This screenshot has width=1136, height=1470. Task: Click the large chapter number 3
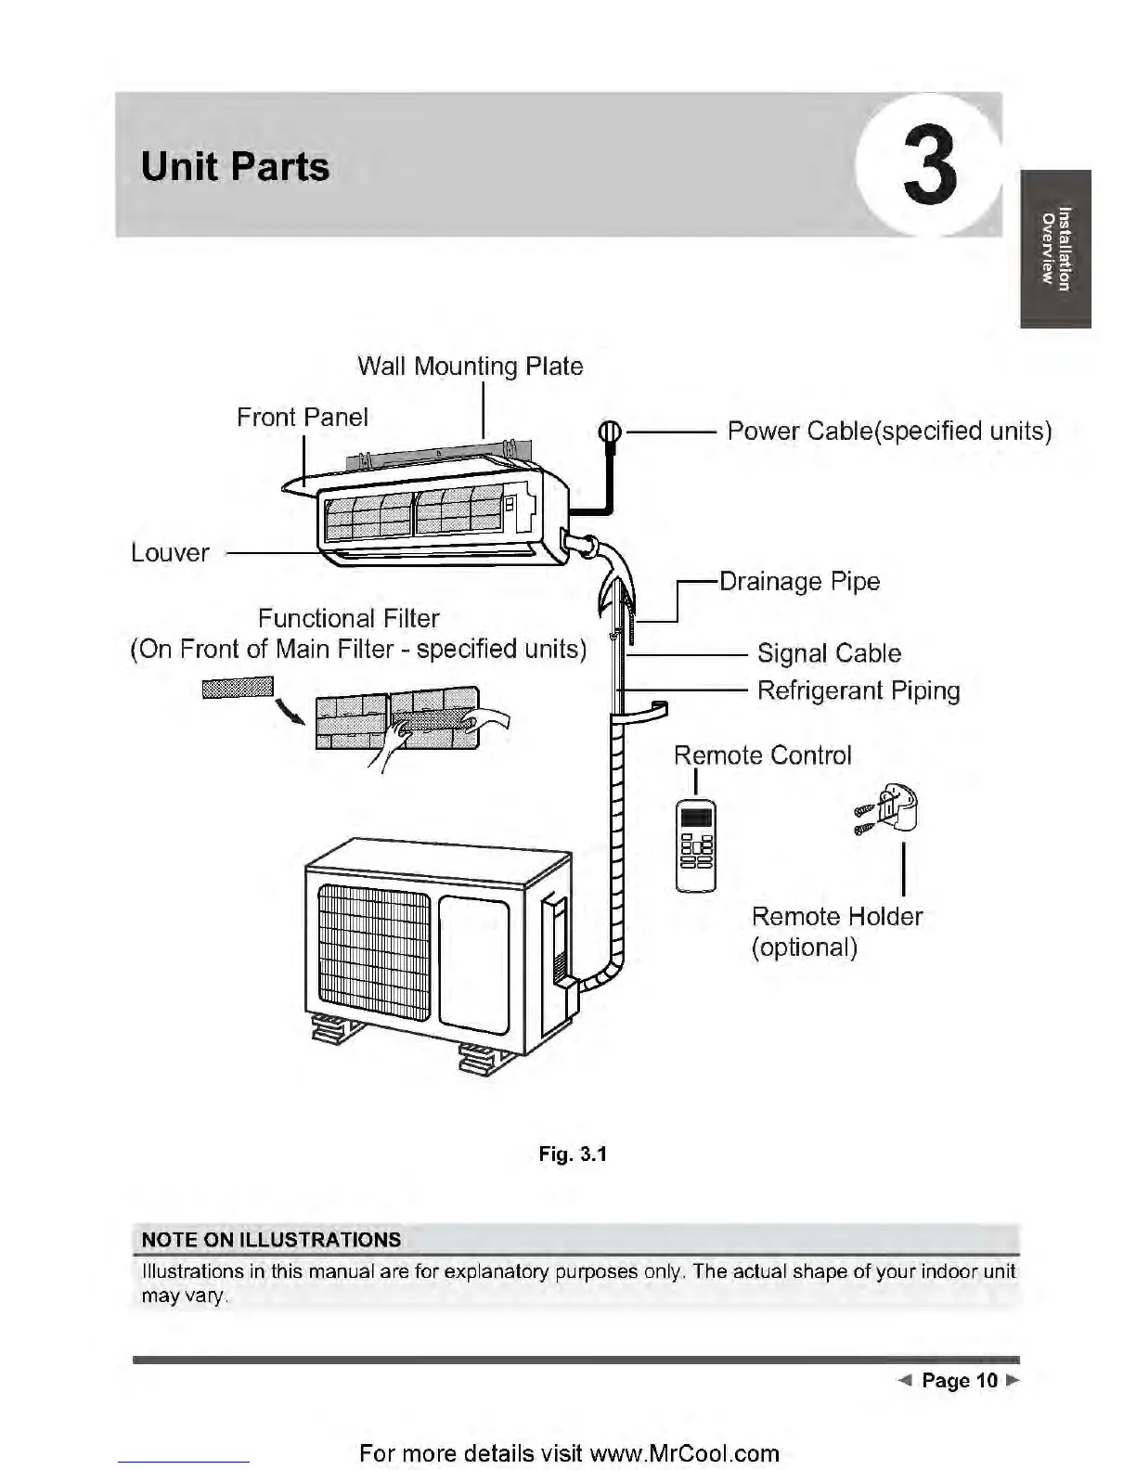click(930, 165)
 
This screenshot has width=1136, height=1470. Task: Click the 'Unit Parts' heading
click(235, 166)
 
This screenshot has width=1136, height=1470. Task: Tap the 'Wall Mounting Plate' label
click(471, 366)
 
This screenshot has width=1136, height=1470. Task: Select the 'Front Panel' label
click(303, 418)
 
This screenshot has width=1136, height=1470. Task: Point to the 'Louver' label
click(170, 553)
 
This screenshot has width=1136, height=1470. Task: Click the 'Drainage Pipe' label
click(800, 582)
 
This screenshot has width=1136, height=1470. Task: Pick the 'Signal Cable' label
click(829, 653)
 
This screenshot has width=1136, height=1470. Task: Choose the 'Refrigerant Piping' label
click(858, 690)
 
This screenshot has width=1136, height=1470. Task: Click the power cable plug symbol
click(610, 431)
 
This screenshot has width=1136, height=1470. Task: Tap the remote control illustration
click(695, 845)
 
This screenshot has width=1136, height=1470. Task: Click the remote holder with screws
click(887, 810)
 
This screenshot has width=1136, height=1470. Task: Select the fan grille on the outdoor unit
click(374, 952)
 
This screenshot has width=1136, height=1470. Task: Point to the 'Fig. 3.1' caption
click(573, 1154)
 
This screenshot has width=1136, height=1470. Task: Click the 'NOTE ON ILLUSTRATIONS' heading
click(271, 1240)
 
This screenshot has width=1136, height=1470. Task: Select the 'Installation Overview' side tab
click(1055, 249)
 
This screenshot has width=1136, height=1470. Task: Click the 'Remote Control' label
click(763, 755)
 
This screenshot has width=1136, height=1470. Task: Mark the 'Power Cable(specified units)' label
click(890, 431)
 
